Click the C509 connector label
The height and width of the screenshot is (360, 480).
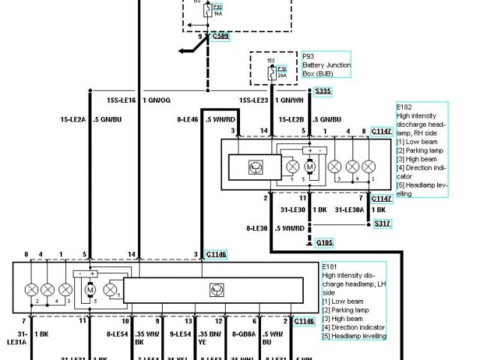click(x=221, y=35)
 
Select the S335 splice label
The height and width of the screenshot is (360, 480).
click(x=323, y=91)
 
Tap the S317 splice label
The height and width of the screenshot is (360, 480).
click(x=383, y=223)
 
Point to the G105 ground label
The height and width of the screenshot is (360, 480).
click(x=325, y=242)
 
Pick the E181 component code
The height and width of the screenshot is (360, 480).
click(x=329, y=266)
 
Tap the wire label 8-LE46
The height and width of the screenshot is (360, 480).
click(x=187, y=118)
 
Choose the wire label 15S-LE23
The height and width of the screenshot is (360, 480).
click(x=253, y=98)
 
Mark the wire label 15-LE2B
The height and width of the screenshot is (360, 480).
click(x=292, y=118)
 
